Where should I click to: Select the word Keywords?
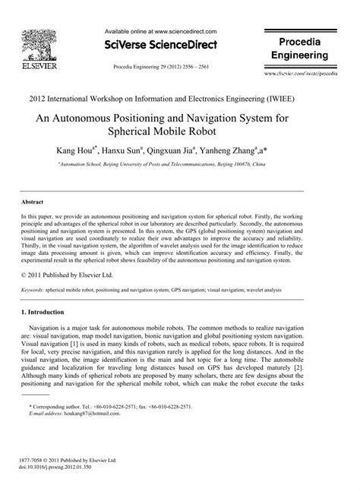(33, 289)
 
